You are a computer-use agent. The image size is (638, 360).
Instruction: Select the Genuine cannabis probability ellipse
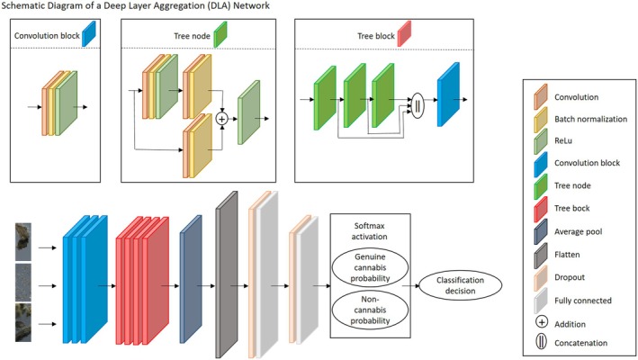371,266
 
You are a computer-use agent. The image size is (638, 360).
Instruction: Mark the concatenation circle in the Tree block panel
416,102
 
